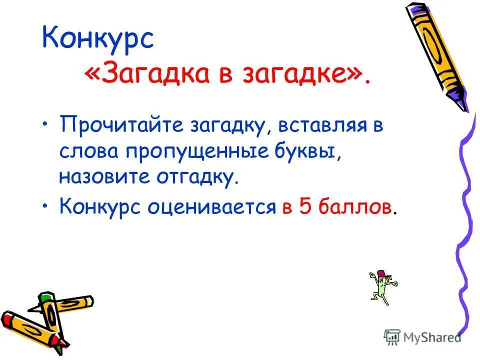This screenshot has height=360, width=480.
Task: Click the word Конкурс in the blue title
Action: click(97, 38)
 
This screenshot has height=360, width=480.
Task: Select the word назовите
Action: click(100, 177)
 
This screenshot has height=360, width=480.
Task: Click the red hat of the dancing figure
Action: click(382, 273)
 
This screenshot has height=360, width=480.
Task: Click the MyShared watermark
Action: click(423, 337)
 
